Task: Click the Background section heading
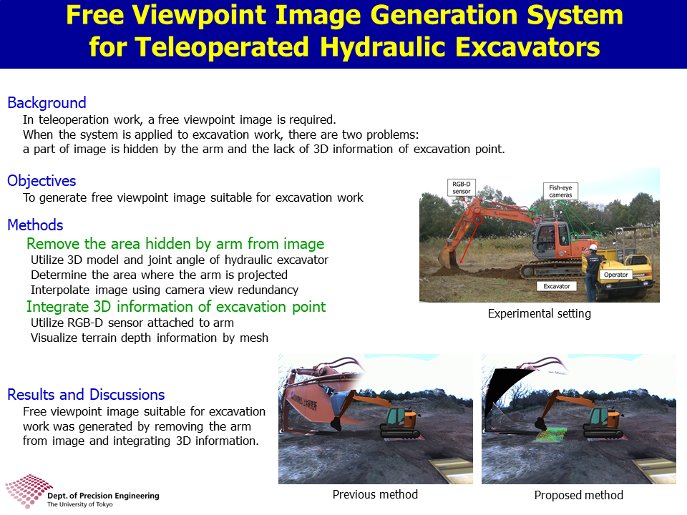tap(47, 103)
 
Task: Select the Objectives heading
tap(42, 181)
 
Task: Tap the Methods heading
tap(36, 225)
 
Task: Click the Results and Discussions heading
tap(87, 395)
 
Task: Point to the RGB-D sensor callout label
tap(462, 187)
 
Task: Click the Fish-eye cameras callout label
tap(560, 191)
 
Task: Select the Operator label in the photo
tap(616, 275)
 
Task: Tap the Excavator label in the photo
tap(557, 286)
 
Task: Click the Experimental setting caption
tap(540, 313)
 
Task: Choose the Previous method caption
tap(375, 494)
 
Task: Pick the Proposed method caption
tap(579, 495)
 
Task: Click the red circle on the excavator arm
tap(479, 220)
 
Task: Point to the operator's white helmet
tap(593, 247)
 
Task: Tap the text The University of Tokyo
tap(79, 504)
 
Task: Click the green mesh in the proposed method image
tap(549, 434)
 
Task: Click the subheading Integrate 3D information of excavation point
tap(176, 307)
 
